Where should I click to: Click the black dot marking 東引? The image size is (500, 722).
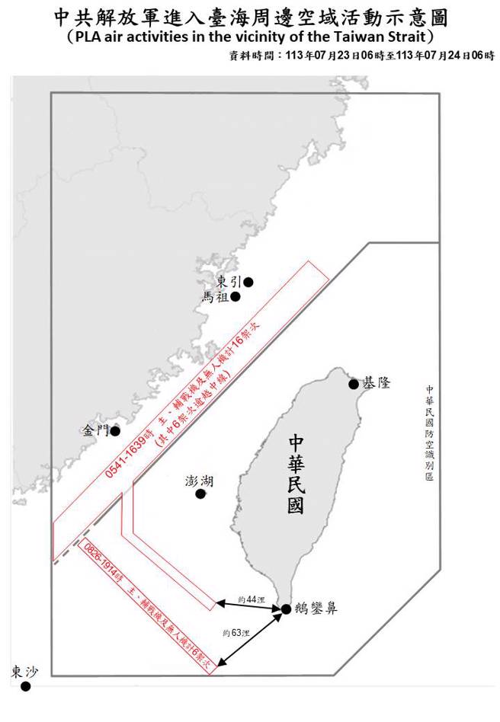[248, 282]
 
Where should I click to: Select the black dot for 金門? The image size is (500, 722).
[115, 431]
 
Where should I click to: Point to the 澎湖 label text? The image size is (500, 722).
[199, 481]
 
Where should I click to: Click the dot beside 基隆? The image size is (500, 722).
[353, 385]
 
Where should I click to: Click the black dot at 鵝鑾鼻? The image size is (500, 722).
[285, 609]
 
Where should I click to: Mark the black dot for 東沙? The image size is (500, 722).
[25, 686]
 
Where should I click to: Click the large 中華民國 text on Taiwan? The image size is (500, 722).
[296, 474]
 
